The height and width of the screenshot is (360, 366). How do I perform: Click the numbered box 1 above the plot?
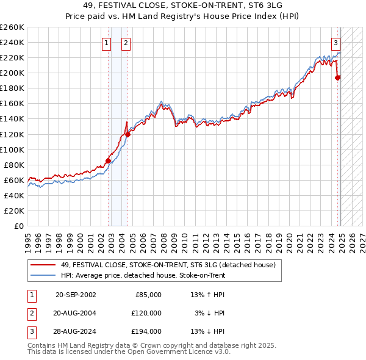[107, 43]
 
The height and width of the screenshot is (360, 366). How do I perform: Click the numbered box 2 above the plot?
[125, 43]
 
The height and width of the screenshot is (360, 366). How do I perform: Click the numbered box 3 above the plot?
[335, 43]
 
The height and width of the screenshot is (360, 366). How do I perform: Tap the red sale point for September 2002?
[109, 160]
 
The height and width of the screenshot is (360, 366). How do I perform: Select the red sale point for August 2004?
[127, 134]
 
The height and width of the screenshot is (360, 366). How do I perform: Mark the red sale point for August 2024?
[338, 77]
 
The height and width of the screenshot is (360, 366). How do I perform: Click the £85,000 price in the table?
[148, 294]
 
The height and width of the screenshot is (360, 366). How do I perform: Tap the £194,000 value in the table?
[146, 331]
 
